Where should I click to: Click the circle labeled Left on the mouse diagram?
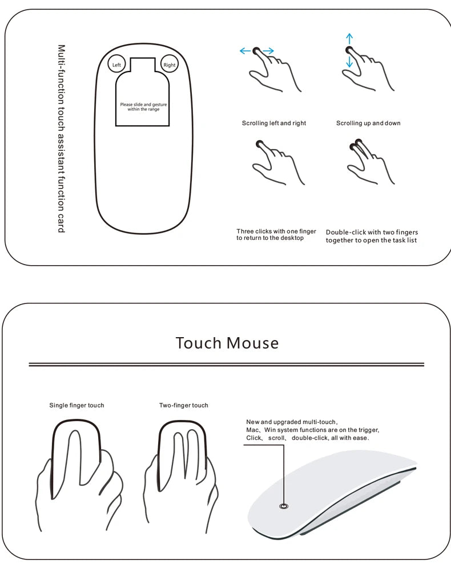pyautogui.click(x=116, y=65)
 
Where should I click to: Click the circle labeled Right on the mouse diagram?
pyautogui.click(x=170, y=65)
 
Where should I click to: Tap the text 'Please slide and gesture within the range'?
pyautogui.click(x=143, y=106)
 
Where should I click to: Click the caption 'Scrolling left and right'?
pyautogui.click(x=273, y=123)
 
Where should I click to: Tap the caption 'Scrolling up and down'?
pyautogui.click(x=368, y=123)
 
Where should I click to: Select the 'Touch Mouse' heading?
pyautogui.click(x=227, y=343)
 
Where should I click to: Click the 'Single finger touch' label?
pyautogui.click(x=76, y=405)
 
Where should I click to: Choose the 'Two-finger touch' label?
pyautogui.click(x=183, y=405)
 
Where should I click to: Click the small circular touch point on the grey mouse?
pyautogui.click(x=284, y=506)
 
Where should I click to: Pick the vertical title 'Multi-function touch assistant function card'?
pyautogui.click(x=61, y=138)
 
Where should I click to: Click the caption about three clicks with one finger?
pyautogui.click(x=276, y=234)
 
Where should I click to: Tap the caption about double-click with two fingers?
pyautogui.click(x=372, y=236)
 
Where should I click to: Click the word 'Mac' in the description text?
pyautogui.click(x=252, y=429)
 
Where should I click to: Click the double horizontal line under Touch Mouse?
pyautogui.click(x=226, y=364)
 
